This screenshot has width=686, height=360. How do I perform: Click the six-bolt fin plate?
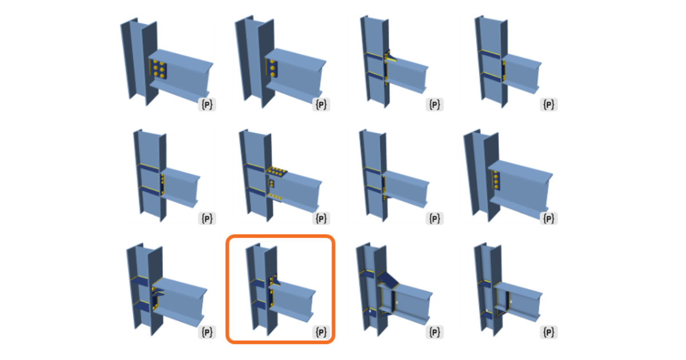tap(158, 69)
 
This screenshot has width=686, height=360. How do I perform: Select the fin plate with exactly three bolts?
tap(272, 69)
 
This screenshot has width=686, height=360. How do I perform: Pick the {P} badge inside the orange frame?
tap(321, 332)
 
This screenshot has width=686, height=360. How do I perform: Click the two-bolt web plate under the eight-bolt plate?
tap(272, 183)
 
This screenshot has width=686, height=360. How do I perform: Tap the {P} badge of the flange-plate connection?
tap(321, 218)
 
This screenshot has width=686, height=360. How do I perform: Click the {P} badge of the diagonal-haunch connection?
tap(435, 332)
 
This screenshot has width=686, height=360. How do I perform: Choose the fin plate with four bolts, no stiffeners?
tap(496, 181)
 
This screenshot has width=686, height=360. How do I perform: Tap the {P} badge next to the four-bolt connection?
tap(549, 218)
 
